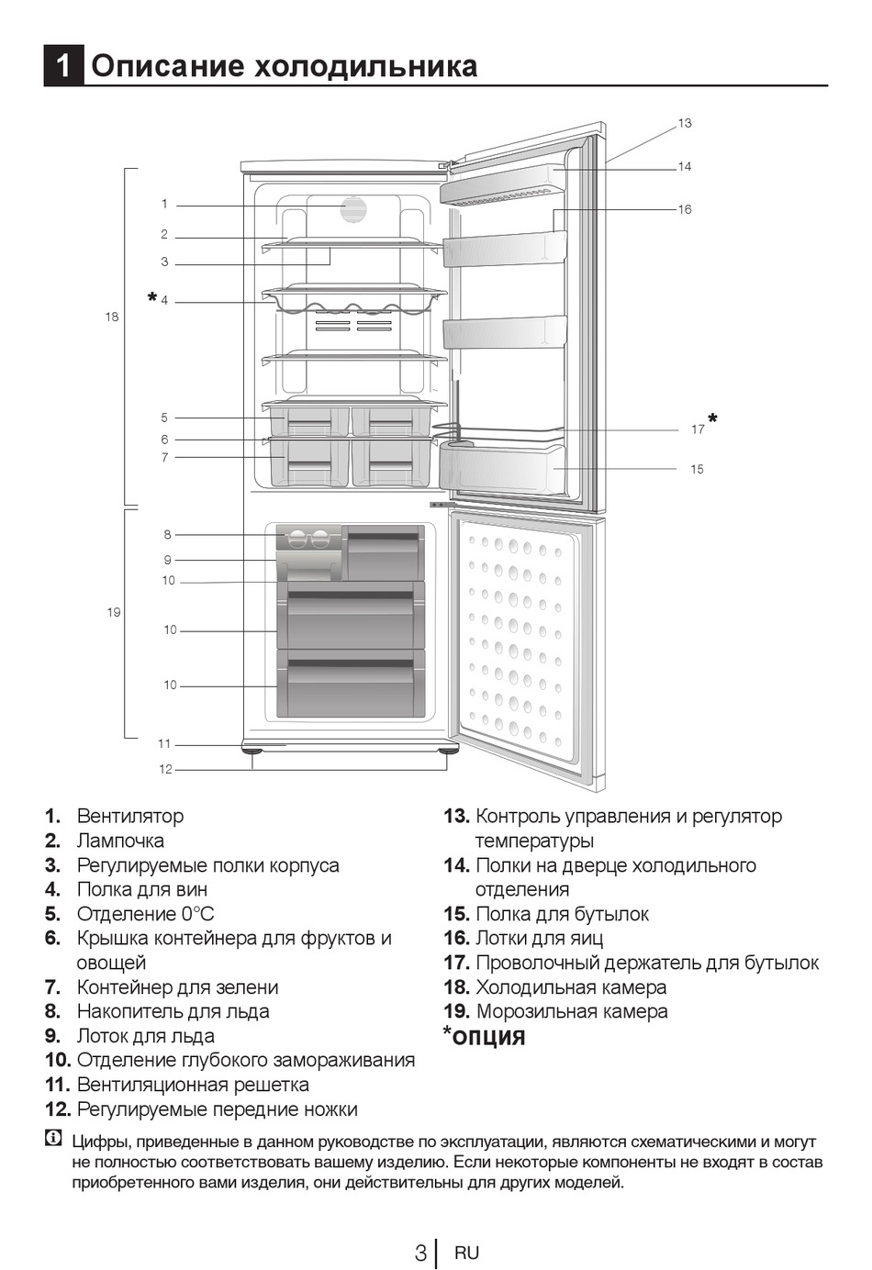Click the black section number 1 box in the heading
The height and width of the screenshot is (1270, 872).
click(63, 66)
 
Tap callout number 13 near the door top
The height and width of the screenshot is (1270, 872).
click(685, 123)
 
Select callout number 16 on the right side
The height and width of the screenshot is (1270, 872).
click(685, 209)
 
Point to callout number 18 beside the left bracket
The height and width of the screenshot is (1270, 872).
click(111, 317)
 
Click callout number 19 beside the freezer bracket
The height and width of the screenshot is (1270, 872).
click(113, 612)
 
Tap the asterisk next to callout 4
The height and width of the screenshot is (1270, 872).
click(151, 298)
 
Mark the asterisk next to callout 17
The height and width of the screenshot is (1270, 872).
click(713, 419)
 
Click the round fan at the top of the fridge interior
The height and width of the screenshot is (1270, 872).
click(353, 209)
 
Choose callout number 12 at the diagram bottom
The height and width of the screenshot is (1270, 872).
click(165, 769)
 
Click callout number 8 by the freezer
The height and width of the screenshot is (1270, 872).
click(168, 534)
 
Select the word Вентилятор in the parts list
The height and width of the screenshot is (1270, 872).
click(130, 816)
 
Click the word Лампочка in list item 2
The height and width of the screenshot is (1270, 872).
click(120, 841)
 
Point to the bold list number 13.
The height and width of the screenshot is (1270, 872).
click(456, 816)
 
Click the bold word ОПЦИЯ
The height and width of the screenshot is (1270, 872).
click(489, 1038)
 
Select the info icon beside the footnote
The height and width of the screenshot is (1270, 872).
click(54, 1141)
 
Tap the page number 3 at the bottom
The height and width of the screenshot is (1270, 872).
click(419, 1253)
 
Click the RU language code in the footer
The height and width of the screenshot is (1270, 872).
click(466, 1253)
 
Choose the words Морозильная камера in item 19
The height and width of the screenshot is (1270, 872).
click(571, 1011)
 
